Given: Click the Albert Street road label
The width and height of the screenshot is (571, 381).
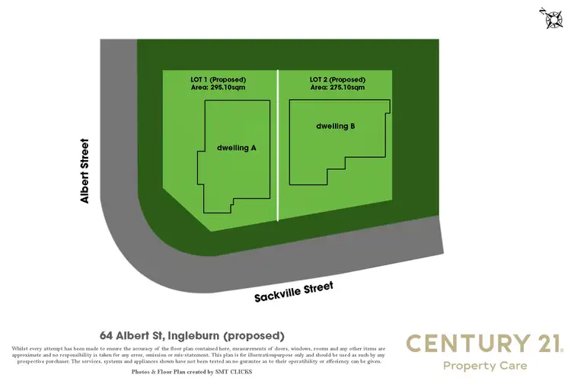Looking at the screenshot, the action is (x=85, y=171).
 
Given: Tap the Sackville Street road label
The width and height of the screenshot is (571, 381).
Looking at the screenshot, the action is (x=294, y=291).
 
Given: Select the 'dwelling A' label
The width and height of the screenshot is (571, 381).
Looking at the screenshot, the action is (x=236, y=148).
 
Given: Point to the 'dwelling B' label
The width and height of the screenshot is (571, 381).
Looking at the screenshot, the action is (x=336, y=126).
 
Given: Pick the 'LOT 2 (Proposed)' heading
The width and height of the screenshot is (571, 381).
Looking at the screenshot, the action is (x=337, y=79).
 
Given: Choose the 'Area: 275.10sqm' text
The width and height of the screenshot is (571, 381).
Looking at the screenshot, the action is (x=337, y=88).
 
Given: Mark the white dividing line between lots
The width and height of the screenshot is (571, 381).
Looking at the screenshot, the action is (x=277, y=145).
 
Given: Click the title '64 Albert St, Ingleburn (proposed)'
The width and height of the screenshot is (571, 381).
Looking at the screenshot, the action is (x=192, y=335).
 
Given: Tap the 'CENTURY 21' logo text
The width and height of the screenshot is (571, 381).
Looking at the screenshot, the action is (x=483, y=344).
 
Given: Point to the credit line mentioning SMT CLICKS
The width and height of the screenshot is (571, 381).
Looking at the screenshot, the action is (x=192, y=372).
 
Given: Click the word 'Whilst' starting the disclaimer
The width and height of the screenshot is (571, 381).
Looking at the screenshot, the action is (x=21, y=348).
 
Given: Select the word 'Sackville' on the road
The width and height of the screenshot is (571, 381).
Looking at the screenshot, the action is (x=276, y=293).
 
